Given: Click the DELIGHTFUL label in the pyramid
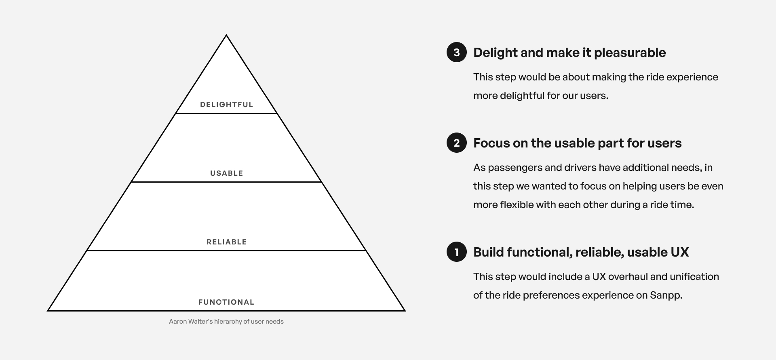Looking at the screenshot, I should click(x=226, y=105).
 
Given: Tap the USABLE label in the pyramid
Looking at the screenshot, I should click(x=226, y=173).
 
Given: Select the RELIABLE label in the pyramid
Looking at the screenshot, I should click(x=226, y=242).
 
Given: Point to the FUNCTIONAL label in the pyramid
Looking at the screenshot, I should click(x=226, y=302).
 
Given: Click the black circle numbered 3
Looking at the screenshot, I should click(x=457, y=52).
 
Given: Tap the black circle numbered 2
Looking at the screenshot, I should click(x=457, y=143).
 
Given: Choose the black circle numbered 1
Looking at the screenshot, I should click(x=457, y=252).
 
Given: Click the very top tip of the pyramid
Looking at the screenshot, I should click(x=226, y=36).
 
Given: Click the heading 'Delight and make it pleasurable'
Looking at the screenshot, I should click(x=569, y=53).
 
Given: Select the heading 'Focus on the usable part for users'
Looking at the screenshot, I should click(x=577, y=143).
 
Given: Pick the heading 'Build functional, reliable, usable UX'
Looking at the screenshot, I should click(x=581, y=252).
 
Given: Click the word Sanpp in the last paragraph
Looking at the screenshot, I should click(x=665, y=295).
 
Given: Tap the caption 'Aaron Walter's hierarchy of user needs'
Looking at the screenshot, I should click(x=226, y=322).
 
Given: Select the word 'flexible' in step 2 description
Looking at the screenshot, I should click(x=517, y=205).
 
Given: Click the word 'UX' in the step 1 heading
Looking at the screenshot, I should click(x=679, y=252).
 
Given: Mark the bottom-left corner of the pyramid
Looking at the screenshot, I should click(x=48, y=310).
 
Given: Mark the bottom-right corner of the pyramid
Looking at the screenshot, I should click(x=405, y=310).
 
